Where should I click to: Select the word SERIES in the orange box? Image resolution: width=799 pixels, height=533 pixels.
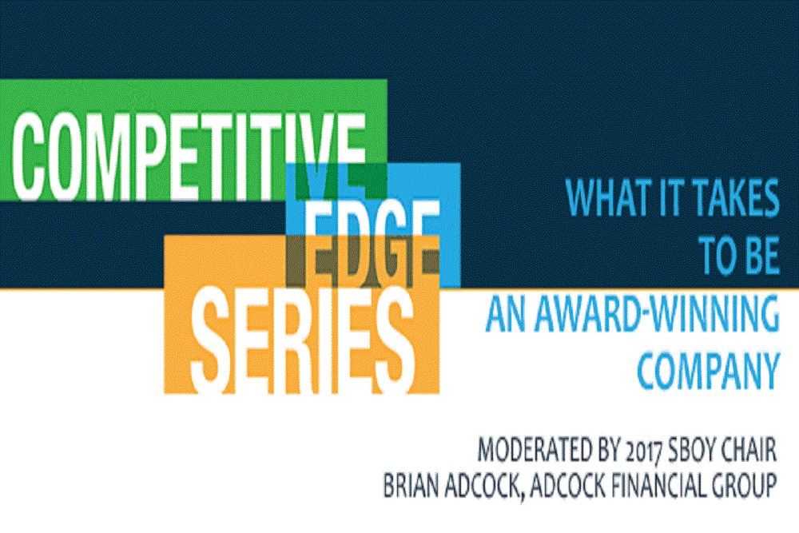tap(303, 340)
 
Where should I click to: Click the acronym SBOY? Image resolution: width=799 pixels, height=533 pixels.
tap(691, 451)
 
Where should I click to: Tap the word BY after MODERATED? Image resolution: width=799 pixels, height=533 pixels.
tap(603, 451)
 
